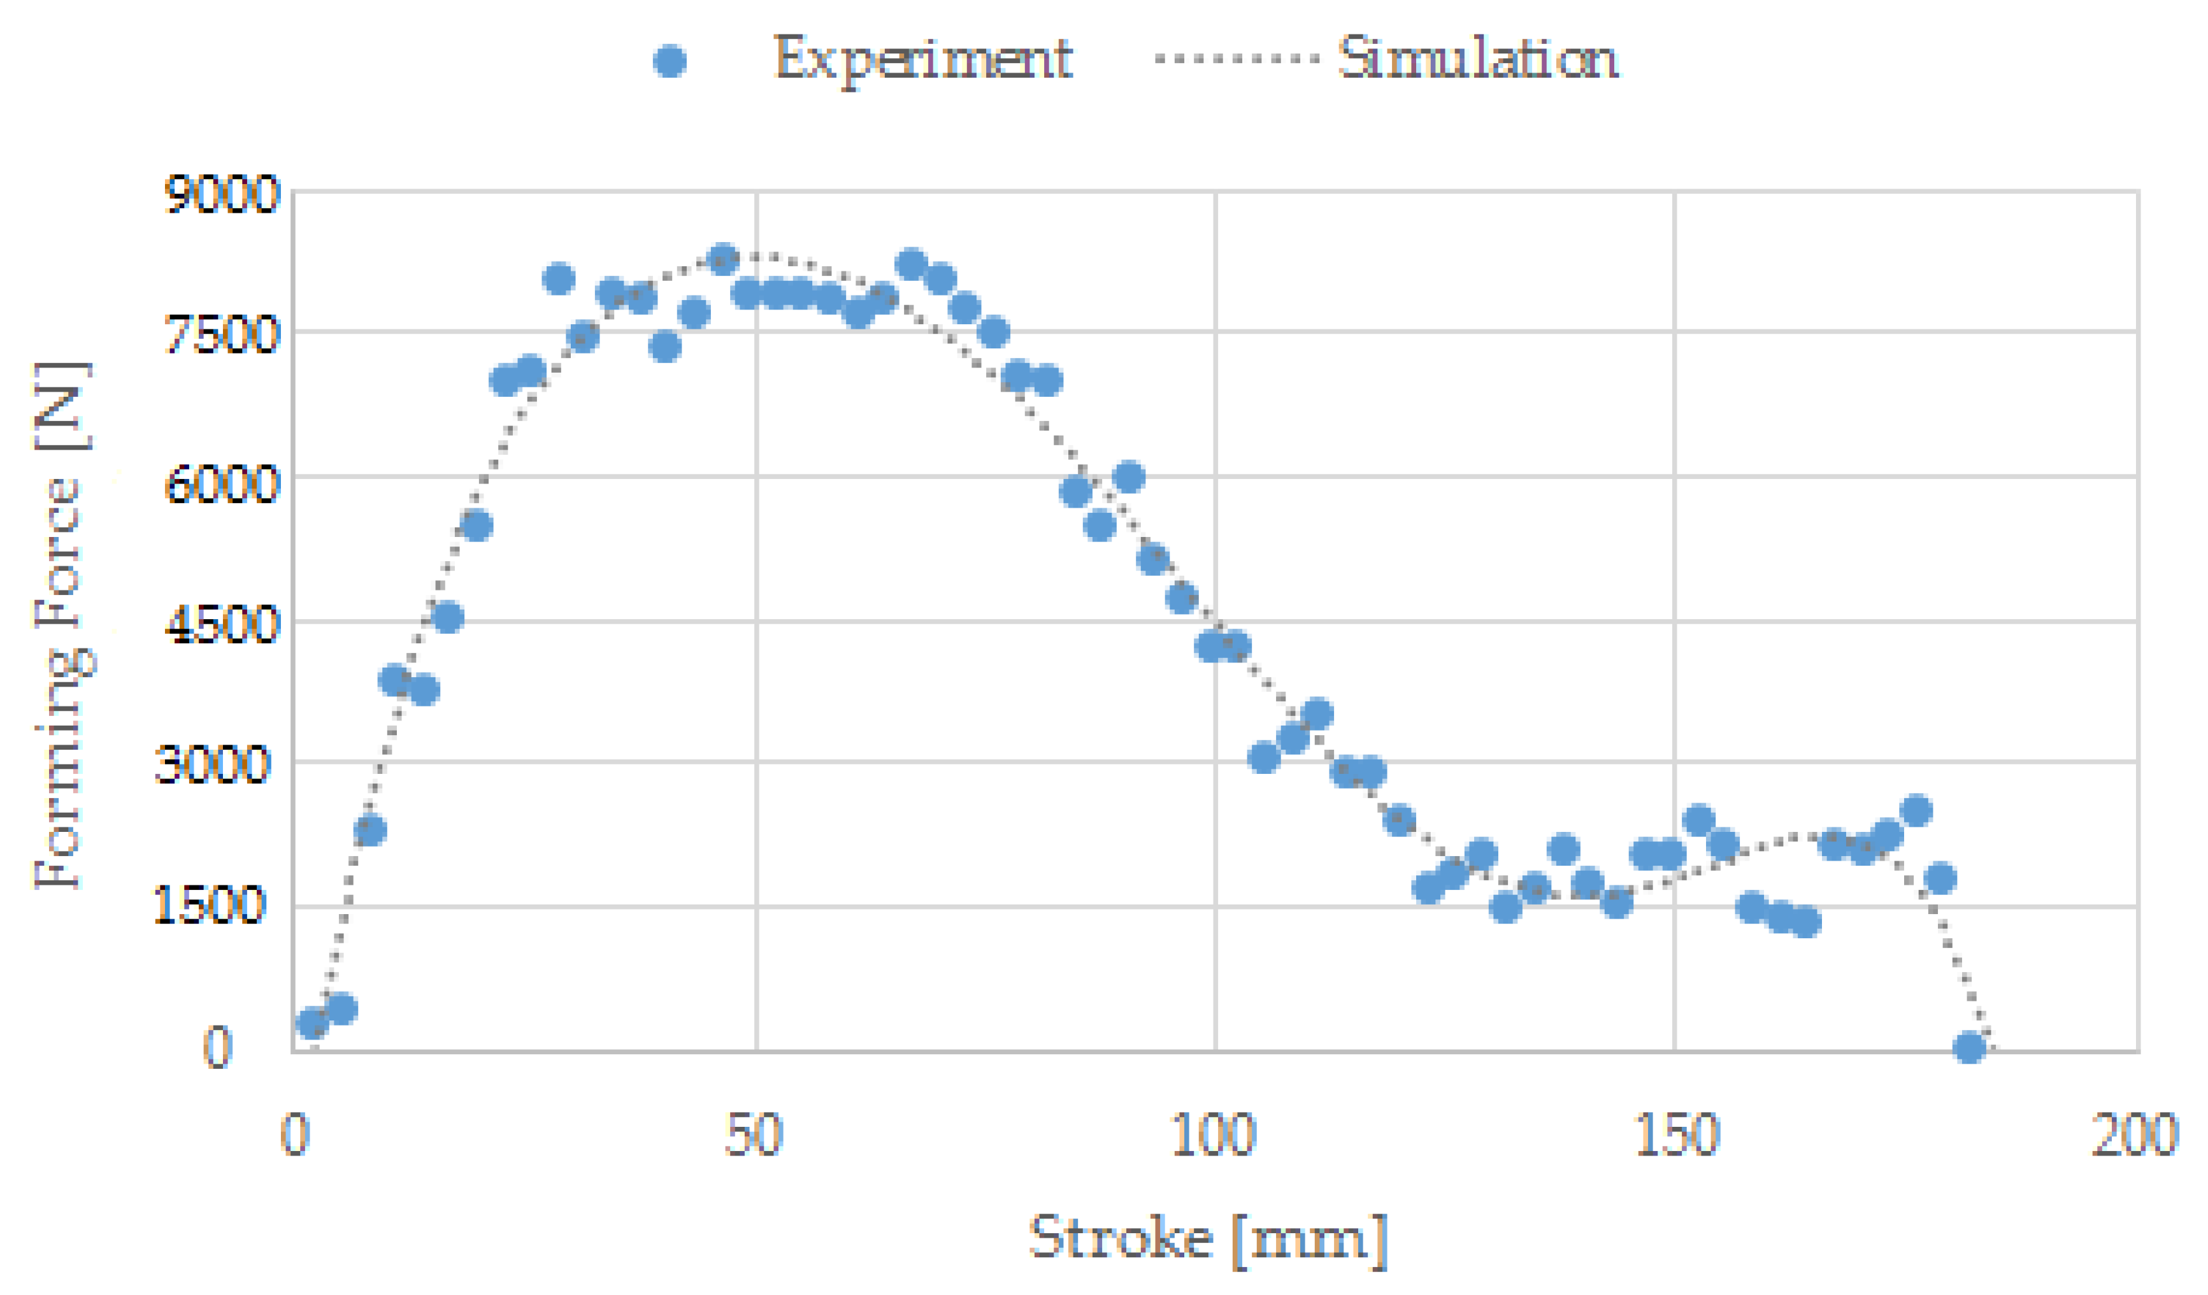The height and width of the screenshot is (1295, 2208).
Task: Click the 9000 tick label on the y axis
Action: click(x=221, y=194)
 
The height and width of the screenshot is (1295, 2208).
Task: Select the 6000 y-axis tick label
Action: click(x=221, y=483)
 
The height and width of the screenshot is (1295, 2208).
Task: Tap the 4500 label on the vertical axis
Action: click(x=221, y=626)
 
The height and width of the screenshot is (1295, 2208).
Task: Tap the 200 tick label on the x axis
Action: click(x=2133, y=1136)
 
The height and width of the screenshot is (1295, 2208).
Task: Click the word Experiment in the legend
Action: click(x=922, y=60)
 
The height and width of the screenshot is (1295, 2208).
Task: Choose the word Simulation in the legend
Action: click(x=1477, y=60)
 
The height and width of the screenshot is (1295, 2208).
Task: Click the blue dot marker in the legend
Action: click(x=670, y=61)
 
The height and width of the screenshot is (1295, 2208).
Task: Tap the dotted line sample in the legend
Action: click(x=1237, y=60)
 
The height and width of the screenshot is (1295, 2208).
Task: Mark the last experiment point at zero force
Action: click(x=1970, y=1048)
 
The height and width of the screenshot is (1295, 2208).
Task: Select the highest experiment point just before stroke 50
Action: click(x=723, y=259)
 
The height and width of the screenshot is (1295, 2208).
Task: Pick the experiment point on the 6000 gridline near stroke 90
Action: click(x=1130, y=476)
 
